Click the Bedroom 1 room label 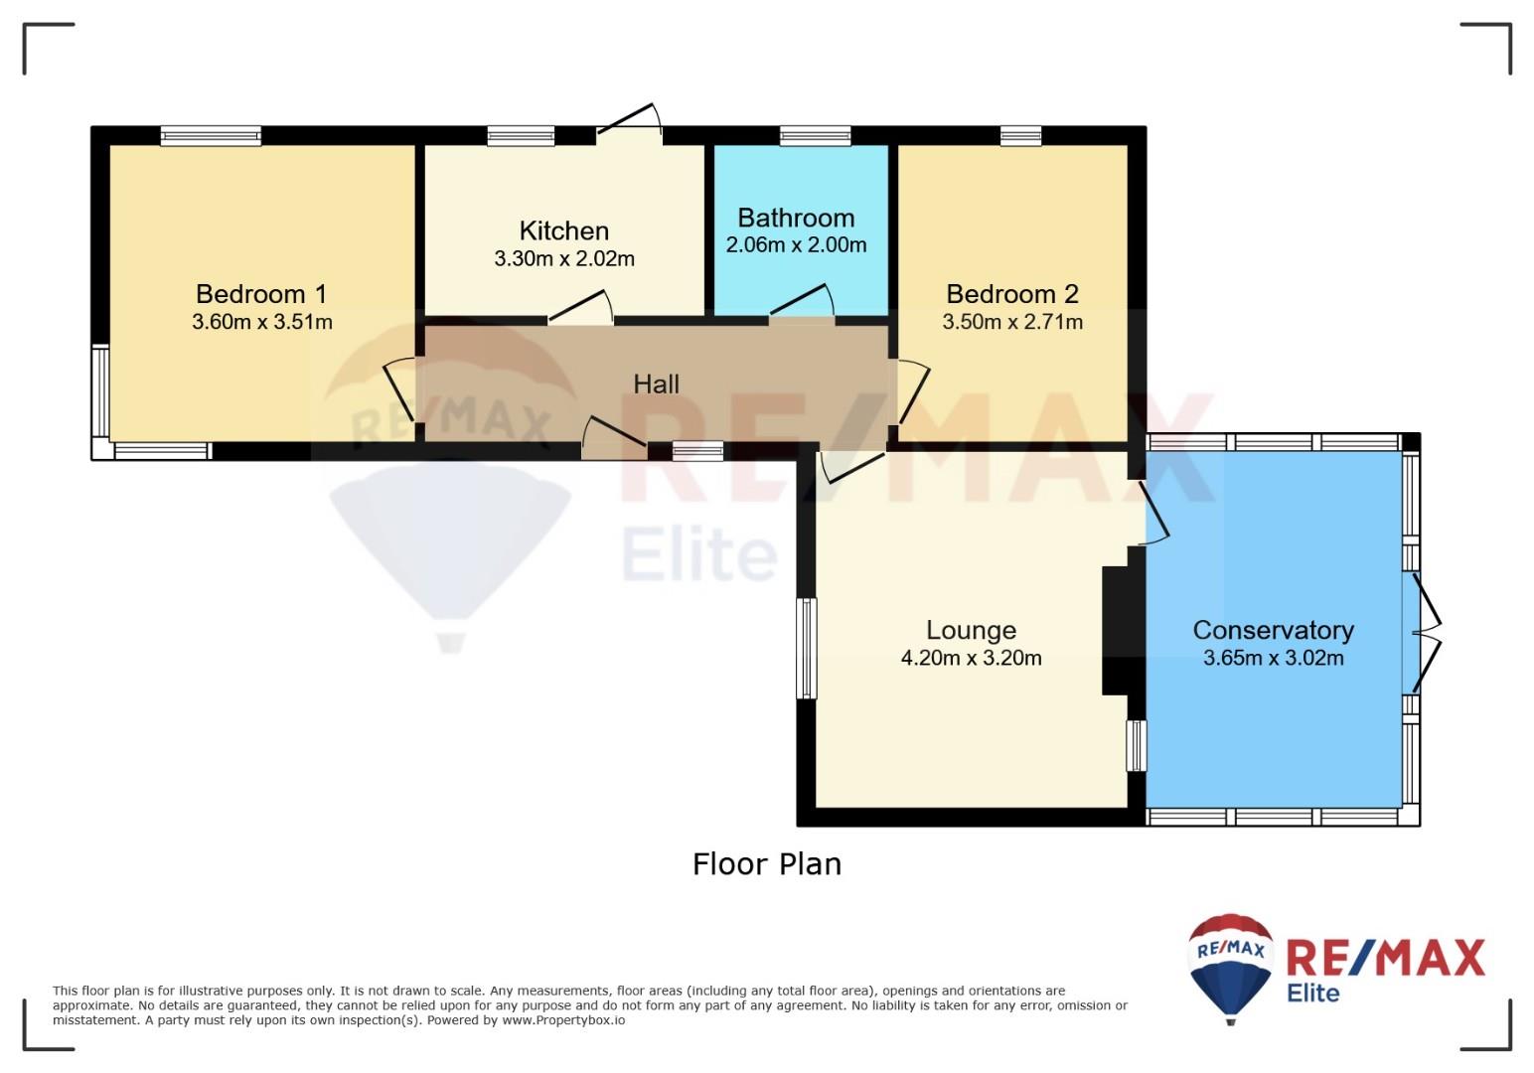click(x=261, y=294)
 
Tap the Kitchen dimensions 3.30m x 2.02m click(x=564, y=259)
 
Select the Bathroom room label click(x=796, y=218)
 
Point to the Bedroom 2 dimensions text click(x=1012, y=322)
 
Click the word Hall click(x=656, y=384)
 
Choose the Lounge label click(x=971, y=630)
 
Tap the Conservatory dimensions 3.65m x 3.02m click(x=1273, y=658)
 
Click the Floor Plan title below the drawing click(x=767, y=864)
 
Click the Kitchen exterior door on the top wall click(x=629, y=123)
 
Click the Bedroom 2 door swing click(x=914, y=392)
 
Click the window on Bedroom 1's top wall click(x=211, y=135)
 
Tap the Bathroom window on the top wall click(x=815, y=135)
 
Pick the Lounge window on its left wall click(x=807, y=649)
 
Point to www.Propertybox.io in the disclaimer click(x=563, y=1020)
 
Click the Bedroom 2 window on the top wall click(x=1020, y=135)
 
